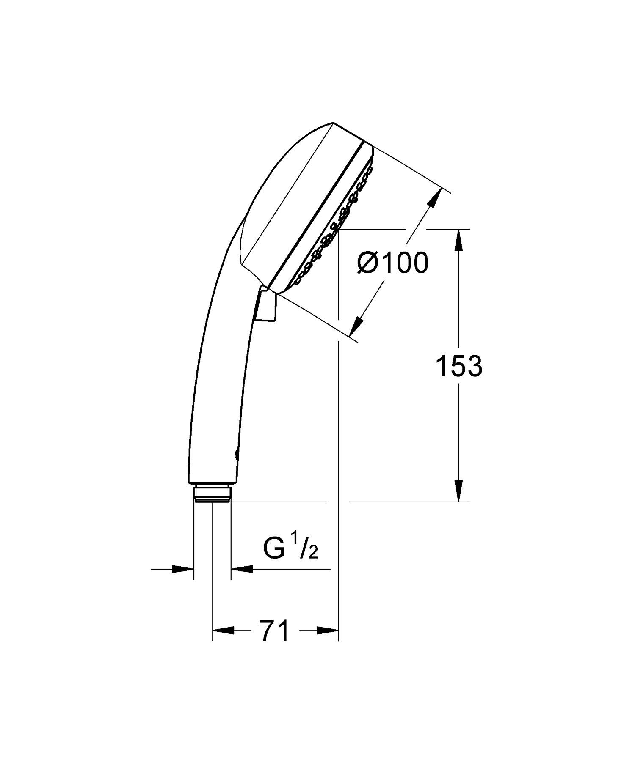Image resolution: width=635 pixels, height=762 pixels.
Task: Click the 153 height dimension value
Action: coord(459,366)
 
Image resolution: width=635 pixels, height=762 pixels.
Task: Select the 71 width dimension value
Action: coord(275,631)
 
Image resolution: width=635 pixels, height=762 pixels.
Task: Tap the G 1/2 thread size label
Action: coord(290,549)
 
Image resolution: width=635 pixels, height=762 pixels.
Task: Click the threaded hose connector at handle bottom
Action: coord(212,493)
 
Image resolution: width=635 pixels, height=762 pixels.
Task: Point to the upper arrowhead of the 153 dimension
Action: coord(459,239)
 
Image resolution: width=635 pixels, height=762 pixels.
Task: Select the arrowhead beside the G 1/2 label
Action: coord(241,569)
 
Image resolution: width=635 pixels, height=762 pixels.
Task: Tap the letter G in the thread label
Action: coord(273,549)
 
